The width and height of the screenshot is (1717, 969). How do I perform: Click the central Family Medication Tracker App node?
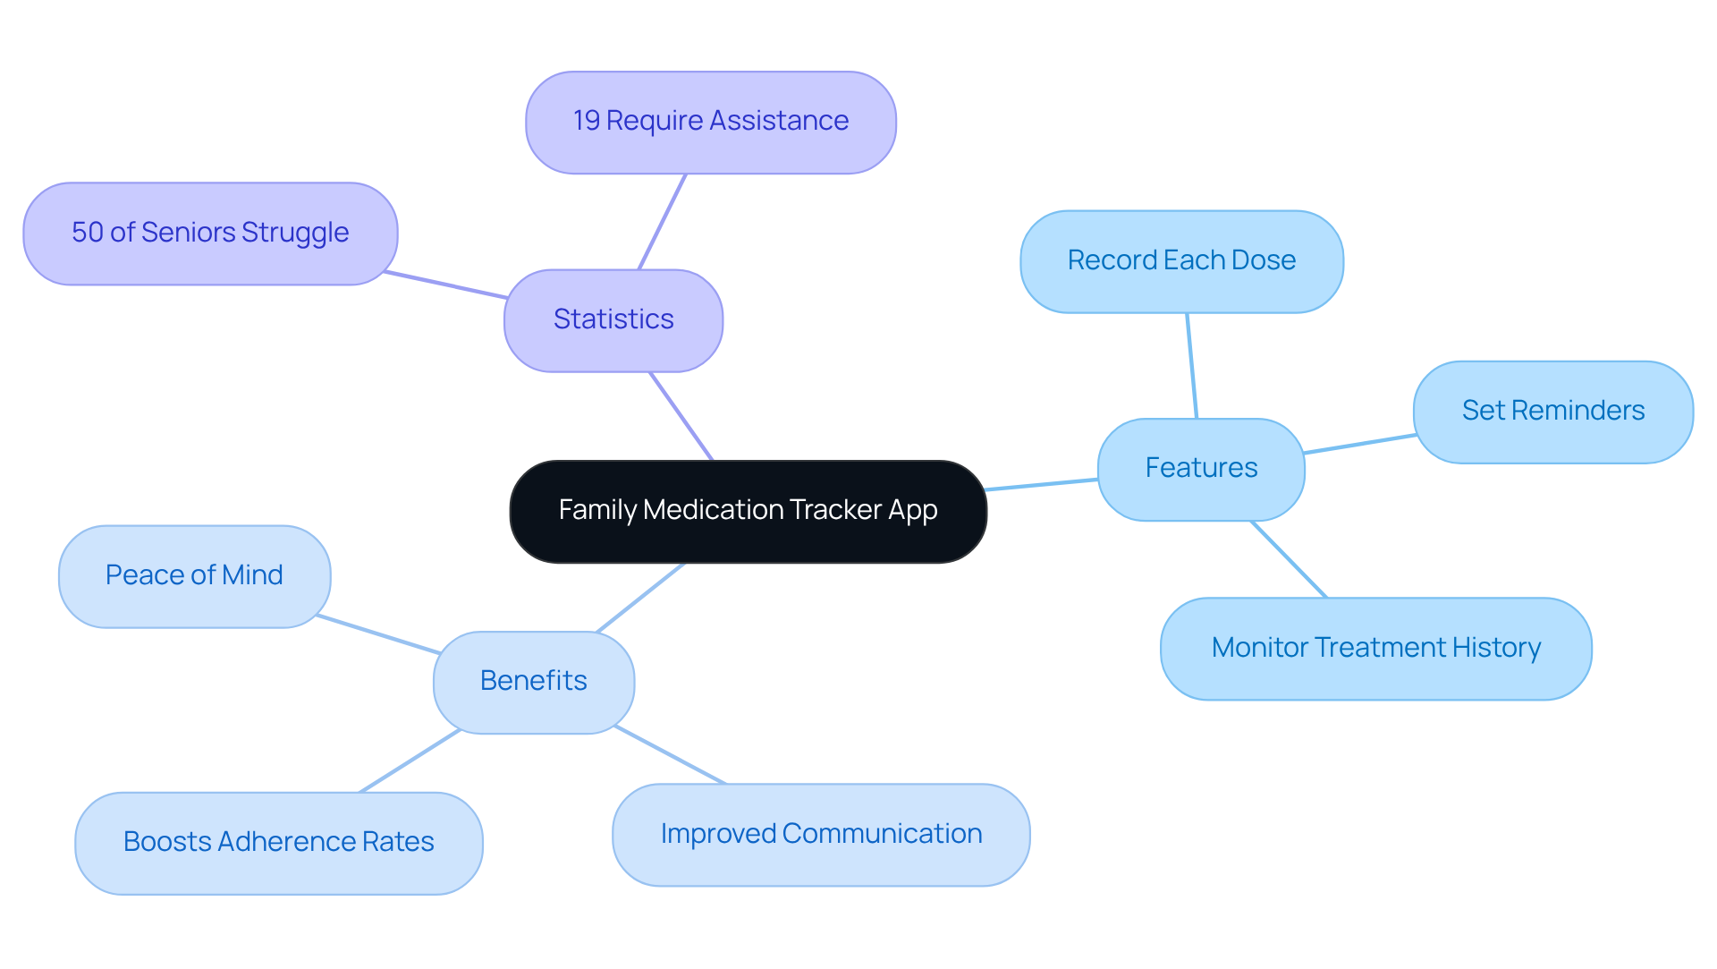pos(748,511)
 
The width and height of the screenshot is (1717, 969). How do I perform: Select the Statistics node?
pos(613,320)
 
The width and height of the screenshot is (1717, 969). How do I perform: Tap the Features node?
pos(1201,469)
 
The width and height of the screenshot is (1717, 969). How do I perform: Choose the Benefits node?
pos(534,682)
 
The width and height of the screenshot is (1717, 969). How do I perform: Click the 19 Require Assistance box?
pos(711,122)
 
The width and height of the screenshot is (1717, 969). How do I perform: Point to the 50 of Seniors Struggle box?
pos(210,234)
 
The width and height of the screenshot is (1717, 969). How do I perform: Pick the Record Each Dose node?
pos(1181,261)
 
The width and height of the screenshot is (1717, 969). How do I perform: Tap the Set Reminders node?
pos(1553,412)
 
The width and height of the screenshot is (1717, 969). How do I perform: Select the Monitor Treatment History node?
pos(1375,649)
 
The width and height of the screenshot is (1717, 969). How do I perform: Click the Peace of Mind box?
pos(194,576)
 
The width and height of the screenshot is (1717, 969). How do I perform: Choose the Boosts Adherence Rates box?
pos(278,843)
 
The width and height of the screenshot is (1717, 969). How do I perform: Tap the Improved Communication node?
pos(821,835)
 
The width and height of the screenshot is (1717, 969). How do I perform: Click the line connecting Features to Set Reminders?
pos(1359,444)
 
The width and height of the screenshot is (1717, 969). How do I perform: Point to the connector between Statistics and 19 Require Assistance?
pos(663,221)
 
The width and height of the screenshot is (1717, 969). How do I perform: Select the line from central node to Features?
pos(1042,484)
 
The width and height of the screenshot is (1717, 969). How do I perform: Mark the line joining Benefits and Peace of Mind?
pos(378,633)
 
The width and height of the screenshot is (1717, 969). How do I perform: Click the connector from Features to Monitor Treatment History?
pos(1289,559)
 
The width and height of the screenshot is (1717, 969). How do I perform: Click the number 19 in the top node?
pos(586,121)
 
